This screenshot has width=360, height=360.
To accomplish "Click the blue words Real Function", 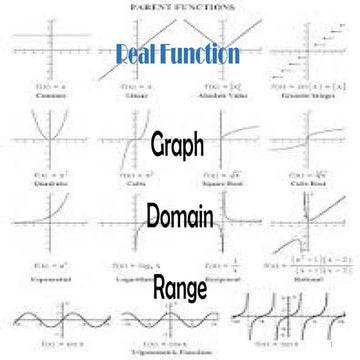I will [x=178, y=53].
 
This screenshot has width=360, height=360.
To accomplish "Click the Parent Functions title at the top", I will [x=179, y=6].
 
